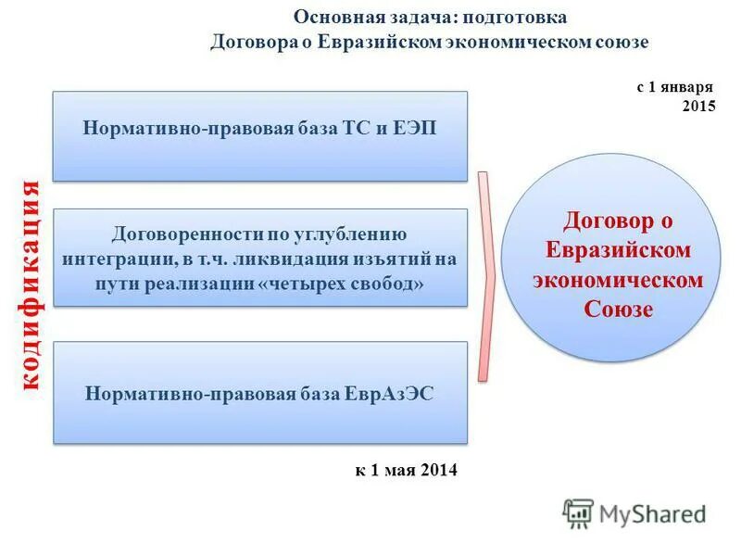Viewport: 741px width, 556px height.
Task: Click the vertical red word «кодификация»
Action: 30,284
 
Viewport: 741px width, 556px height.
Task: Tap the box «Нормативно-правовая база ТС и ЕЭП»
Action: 259,136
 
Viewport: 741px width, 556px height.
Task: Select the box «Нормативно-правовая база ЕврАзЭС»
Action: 259,392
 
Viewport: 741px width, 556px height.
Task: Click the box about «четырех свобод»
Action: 259,258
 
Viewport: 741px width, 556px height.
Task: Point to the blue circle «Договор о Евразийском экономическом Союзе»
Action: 610,257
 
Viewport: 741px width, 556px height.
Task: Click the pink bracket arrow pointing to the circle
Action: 485,276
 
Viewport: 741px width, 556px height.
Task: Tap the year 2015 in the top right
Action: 698,107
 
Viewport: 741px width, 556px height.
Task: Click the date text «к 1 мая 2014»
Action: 406,470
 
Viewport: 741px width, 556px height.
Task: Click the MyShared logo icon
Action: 578,513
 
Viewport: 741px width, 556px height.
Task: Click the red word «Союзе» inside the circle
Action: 618,309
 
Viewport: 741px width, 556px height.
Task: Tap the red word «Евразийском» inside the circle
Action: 618,250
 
